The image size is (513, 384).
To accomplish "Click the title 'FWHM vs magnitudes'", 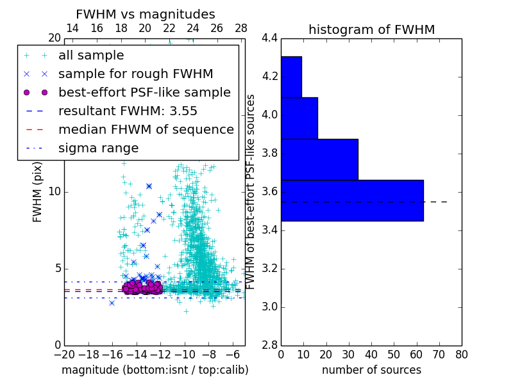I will tap(146, 14).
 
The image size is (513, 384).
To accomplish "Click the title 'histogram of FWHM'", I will tap(371, 29).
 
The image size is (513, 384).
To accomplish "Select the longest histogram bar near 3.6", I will tap(352, 200).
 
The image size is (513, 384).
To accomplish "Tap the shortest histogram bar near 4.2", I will tap(291, 77).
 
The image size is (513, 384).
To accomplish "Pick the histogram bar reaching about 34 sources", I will tap(319, 159).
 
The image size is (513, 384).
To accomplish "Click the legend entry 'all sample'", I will tap(91, 56).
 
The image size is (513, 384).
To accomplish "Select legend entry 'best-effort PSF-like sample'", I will tap(144, 92).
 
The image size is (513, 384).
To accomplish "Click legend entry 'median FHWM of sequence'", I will tap(146, 129).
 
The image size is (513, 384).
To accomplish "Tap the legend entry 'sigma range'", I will tap(98, 148).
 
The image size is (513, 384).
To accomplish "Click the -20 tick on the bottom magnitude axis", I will tap(64, 355).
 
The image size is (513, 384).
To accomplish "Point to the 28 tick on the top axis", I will tap(241, 28).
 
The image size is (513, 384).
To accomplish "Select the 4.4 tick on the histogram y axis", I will tap(269, 38).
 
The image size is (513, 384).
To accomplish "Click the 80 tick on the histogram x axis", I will tap(461, 355).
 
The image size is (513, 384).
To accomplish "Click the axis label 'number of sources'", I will tap(371, 370).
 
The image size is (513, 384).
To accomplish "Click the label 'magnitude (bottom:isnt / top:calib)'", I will tap(155, 370).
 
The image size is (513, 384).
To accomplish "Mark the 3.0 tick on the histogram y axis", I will tap(269, 307).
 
